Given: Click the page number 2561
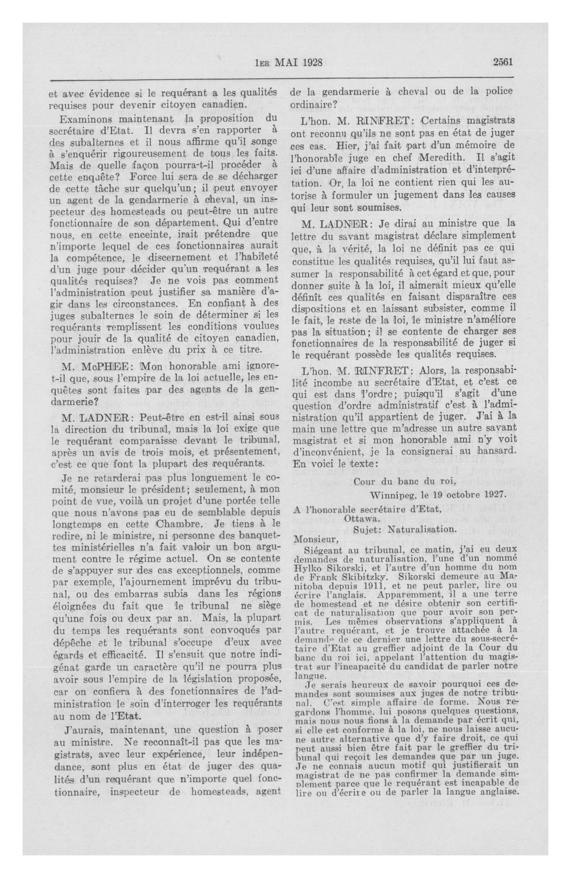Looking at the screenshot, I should click(503, 62).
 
